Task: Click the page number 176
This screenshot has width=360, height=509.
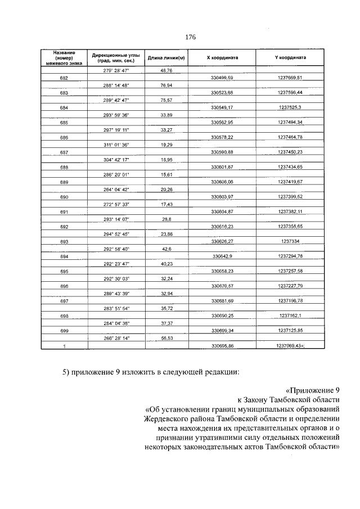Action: click(190, 37)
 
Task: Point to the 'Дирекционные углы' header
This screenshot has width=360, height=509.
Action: click(116, 55)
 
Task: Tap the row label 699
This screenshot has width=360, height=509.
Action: click(64, 331)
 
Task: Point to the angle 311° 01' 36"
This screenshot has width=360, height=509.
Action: click(116, 145)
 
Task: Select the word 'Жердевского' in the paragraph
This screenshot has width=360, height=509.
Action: click(164, 419)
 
